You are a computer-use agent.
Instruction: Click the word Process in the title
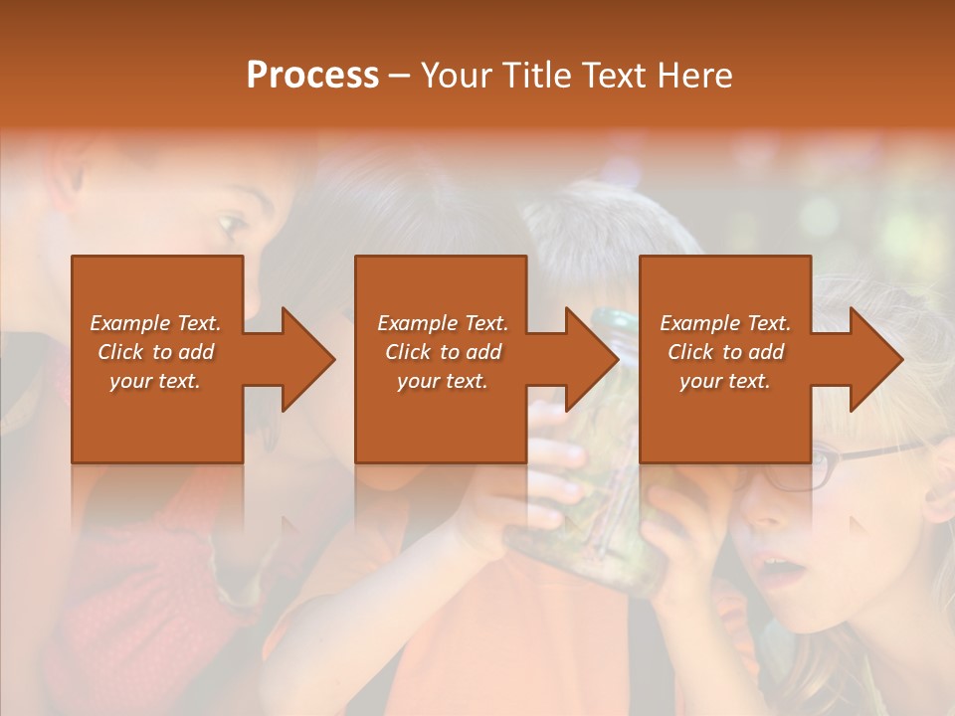click(x=312, y=76)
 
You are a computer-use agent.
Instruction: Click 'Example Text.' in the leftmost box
click(x=155, y=323)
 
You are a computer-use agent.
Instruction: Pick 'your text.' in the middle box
click(x=442, y=381)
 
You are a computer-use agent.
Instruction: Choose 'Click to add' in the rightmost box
click(x=725, y=352)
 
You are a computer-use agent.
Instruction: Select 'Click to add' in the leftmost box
click(x=155, y=352)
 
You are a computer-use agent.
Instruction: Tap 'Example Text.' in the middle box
click(x=442, y=323)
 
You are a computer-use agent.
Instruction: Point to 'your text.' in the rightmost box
click(x=725, y=381)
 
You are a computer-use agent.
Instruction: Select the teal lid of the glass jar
click(x=615, y=321)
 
